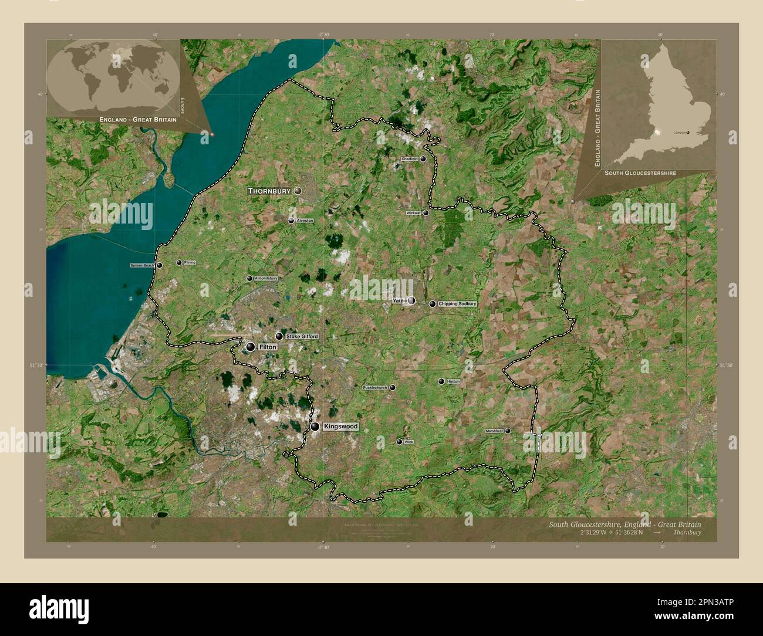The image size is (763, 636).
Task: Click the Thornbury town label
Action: [x=270, y=191]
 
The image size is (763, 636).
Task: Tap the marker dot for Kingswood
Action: [x=316, y=427]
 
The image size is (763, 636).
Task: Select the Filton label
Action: [x=267, y=347]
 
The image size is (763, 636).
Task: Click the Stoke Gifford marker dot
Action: [x=279, y=336]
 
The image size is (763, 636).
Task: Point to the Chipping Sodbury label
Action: [x=457, y=304]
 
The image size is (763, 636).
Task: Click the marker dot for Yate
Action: [x=412, y=301]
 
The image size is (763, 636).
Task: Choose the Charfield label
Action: [x=409, y=159]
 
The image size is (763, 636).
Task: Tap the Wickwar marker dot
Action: [x=426, y=213]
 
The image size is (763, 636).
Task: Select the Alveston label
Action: [x=305, y=221]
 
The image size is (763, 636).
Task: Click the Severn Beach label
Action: [x=142, y=266]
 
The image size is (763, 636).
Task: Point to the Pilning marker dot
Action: [x=179, y=263]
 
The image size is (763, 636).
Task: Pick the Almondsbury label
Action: [x=266, y=278]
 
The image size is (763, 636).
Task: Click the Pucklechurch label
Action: [x=375, y=388]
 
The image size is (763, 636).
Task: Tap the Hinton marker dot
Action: [x=441, y=381]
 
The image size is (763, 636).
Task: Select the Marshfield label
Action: [x=494, y=431]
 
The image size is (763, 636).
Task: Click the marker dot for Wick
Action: [x=400, y=442]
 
